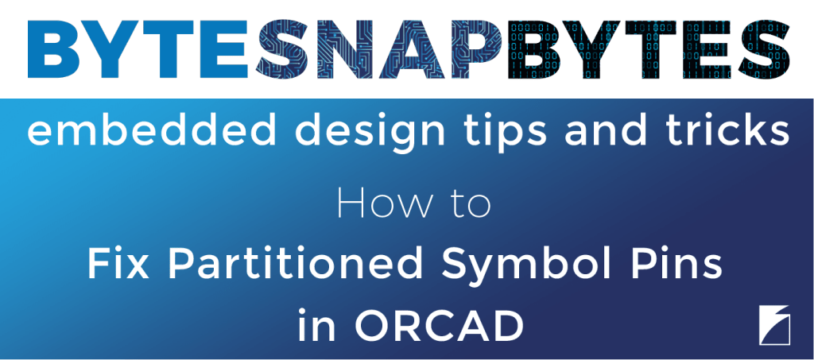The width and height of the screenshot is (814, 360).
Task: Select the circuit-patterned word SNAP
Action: (379, 49)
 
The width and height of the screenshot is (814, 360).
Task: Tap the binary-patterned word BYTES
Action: (649, 49)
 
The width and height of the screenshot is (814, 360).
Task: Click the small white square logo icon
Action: (774, 325)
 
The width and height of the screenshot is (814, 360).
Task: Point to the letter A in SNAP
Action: (409, 49)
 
